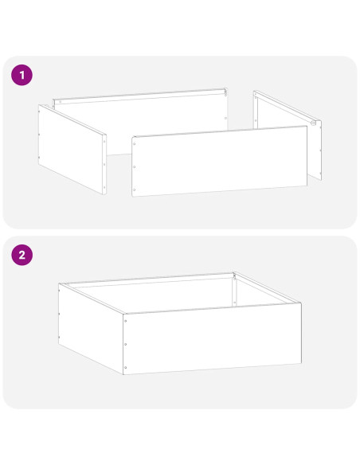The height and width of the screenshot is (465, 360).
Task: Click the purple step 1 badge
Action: [22, 75]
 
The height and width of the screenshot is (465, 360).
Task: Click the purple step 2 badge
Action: [22, 255]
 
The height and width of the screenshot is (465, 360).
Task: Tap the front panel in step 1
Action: [220, 161]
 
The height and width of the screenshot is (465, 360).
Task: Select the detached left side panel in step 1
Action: [72, 149]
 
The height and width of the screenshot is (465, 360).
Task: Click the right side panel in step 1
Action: [288, 135]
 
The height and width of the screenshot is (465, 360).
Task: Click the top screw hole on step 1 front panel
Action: [135, 144]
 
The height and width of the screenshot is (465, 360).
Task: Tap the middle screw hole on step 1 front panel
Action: [135, 167]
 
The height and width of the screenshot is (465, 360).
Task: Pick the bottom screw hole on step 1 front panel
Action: [135, 190]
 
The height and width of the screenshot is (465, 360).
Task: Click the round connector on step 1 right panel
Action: [313, 123]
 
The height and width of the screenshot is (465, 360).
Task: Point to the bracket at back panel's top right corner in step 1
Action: [225, 92]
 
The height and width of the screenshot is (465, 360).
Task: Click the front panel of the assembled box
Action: [213, 338]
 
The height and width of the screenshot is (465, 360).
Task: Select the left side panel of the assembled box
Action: [91, 329]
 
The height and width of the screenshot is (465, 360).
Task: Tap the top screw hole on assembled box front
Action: [126, 321]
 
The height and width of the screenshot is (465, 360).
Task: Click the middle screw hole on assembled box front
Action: [126, 344]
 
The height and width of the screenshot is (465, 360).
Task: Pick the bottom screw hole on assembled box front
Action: [126, 367]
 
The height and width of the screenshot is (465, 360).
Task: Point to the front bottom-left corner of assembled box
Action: [123, 374]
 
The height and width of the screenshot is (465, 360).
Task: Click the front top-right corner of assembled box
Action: [301, 303]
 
